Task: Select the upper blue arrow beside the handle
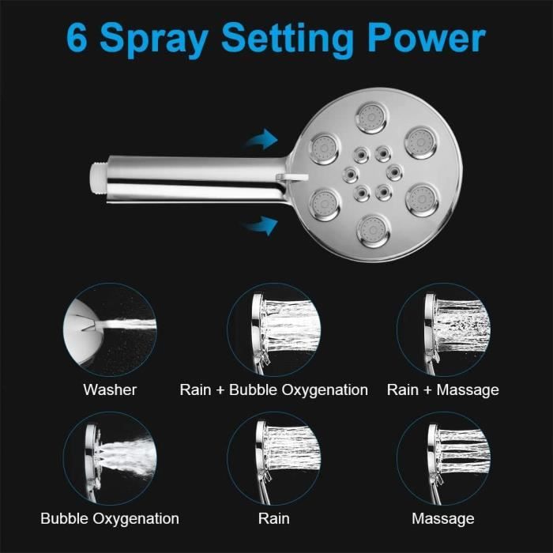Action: coord(261,142)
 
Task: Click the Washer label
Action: coord(110,389)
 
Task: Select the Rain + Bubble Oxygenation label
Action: coord(273,389)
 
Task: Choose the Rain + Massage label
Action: coord(442,389)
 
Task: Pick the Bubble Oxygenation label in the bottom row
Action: coord(110,519)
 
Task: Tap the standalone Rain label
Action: coord(273,519)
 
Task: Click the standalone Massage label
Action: coord(442,519)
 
